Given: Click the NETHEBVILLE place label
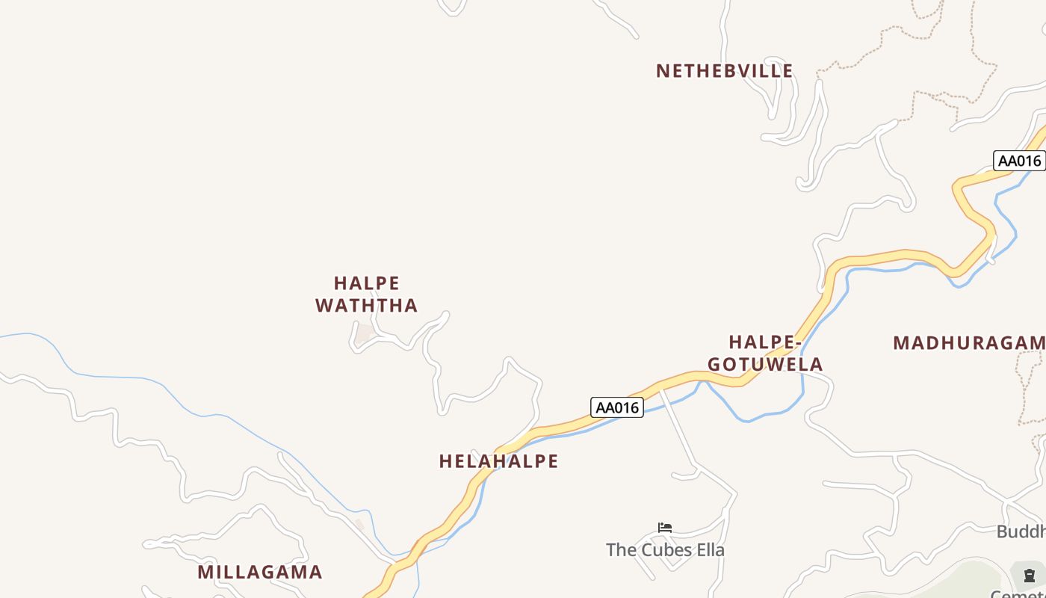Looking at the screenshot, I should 724,71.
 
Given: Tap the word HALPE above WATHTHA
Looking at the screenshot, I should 367,283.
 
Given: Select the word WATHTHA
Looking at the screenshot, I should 366,305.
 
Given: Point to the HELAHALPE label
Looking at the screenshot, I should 498,461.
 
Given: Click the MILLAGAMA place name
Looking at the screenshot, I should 260,572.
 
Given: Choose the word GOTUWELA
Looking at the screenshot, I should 765,364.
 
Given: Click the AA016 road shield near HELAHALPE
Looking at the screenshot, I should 617,407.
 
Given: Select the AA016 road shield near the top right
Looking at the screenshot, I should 1019,161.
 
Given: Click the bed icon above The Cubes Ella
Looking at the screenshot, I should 665,528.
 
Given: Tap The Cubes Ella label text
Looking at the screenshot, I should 665,550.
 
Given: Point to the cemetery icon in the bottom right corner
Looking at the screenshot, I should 1029,575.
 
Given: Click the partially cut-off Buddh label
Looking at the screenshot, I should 1021,531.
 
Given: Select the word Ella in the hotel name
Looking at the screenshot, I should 710,550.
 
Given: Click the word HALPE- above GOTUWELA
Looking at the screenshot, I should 765,342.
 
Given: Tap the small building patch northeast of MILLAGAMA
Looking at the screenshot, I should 359,525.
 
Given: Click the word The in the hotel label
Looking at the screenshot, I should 620,550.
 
